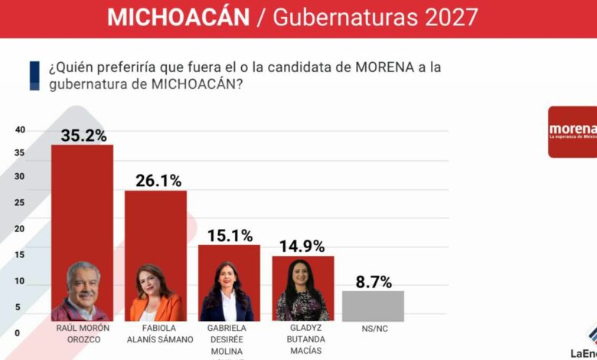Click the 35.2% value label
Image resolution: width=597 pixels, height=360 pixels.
coord(83,136)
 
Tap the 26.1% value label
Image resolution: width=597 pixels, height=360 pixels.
coord(158,181)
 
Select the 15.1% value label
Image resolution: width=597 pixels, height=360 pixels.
coord(230,235)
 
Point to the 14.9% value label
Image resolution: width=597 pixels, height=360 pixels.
coord(302,246)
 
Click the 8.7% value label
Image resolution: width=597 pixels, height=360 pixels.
coord(373,281)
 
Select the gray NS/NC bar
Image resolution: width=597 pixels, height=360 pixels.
coord(373,306)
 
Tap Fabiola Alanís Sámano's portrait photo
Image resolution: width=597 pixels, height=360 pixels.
coord(155,294)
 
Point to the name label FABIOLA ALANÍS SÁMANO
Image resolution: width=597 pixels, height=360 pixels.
coord(155,333)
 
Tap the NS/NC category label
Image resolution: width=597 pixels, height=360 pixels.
coord(374,329)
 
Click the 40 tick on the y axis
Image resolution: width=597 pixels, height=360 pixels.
coord(20,129)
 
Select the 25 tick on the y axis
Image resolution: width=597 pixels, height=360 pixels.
coord(20,203)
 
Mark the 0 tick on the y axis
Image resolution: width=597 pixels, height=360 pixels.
coord(17,333)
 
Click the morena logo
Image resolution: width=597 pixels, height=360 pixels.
coord(573,131)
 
